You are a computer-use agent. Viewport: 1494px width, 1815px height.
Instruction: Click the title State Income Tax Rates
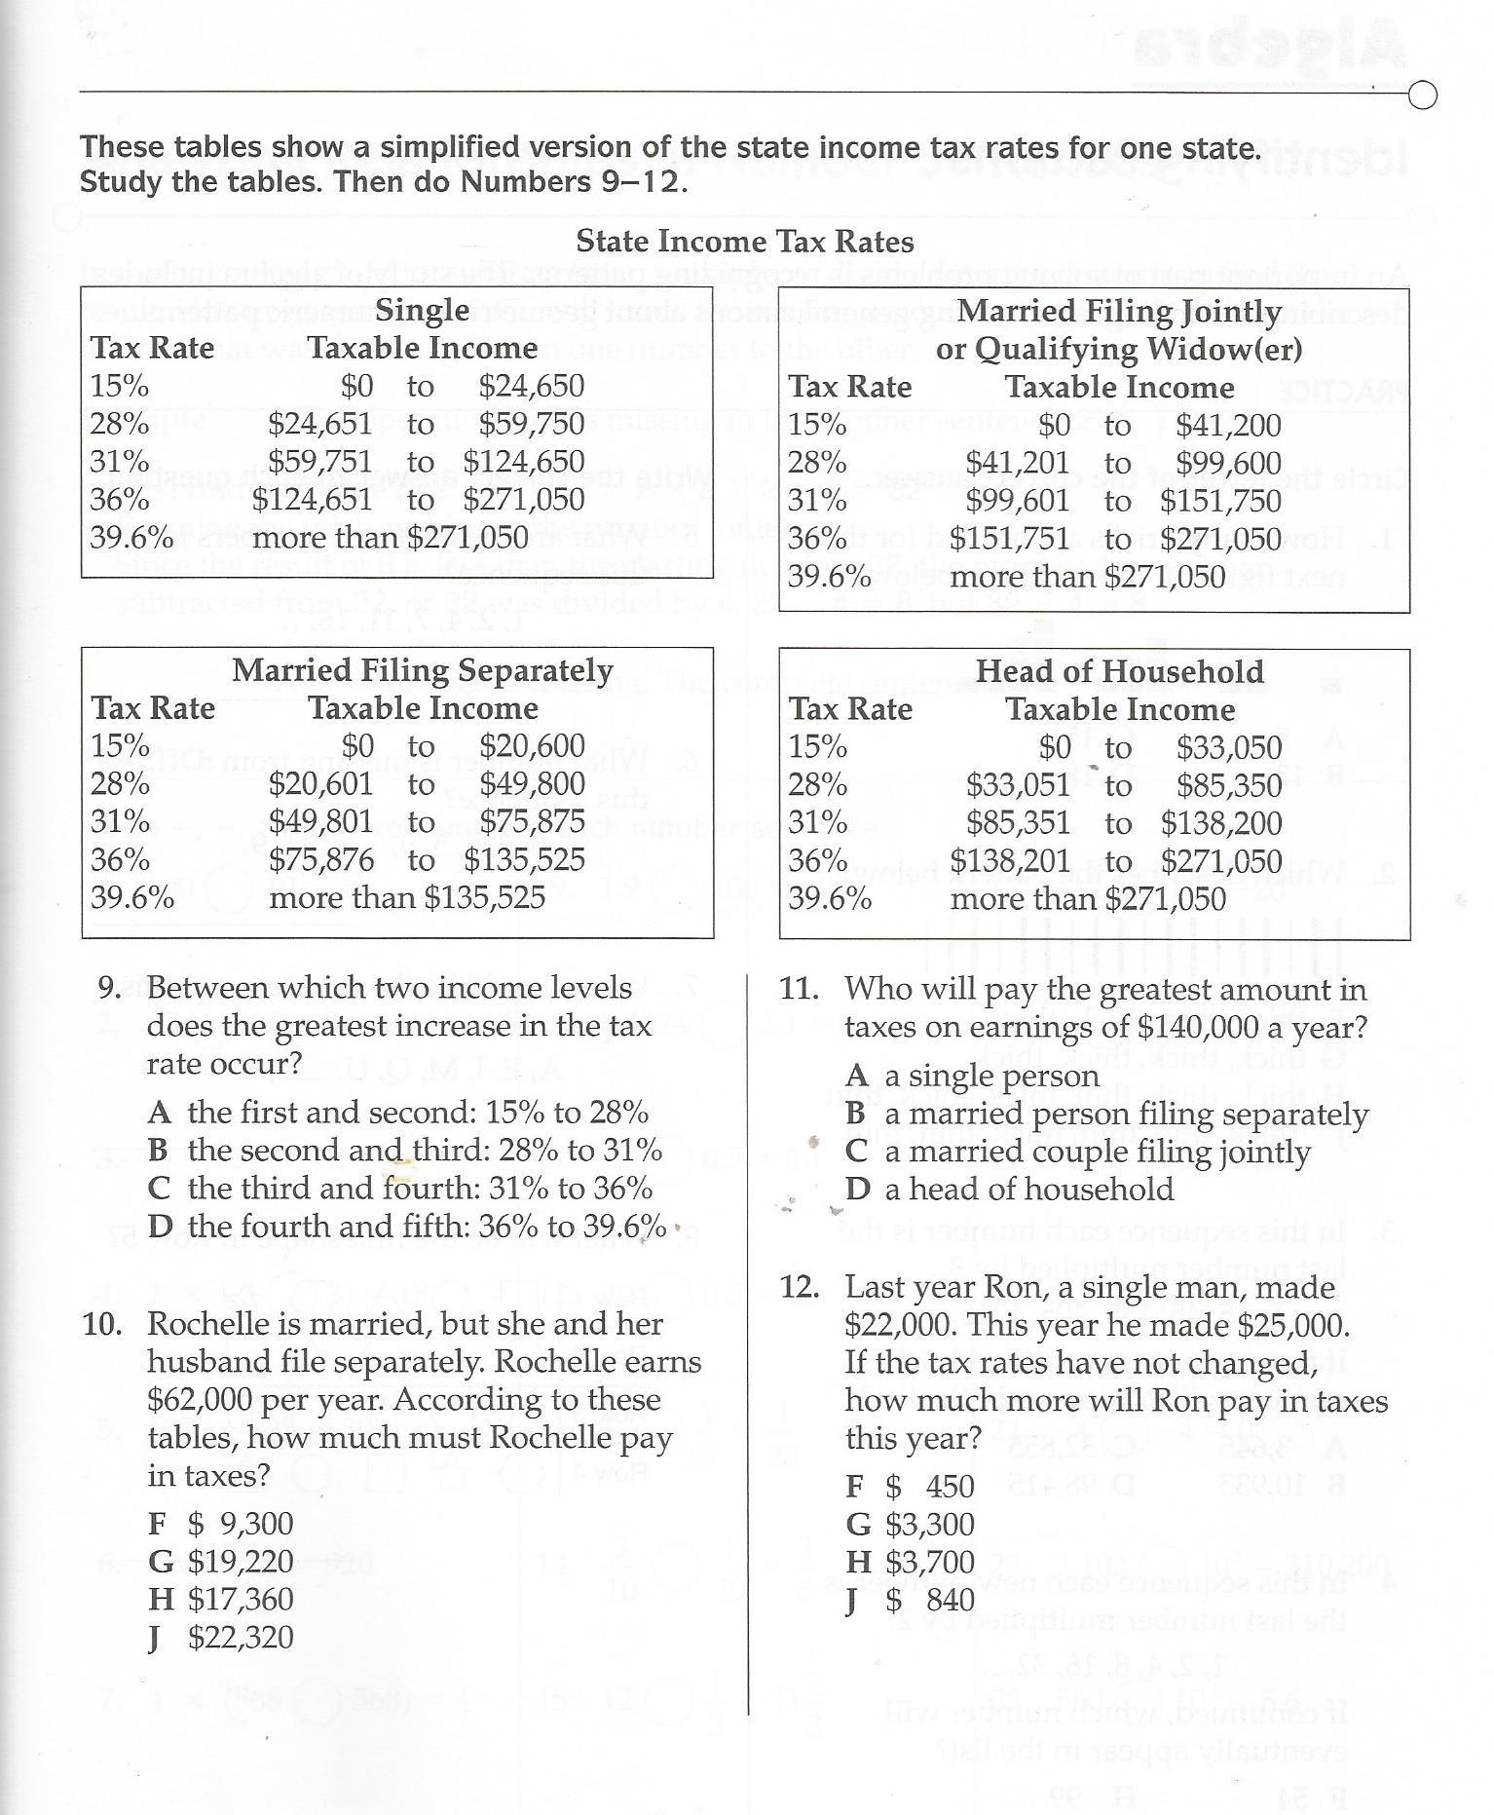[x=745, y=242]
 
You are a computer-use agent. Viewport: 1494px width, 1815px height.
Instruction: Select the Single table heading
[x=423, y=311]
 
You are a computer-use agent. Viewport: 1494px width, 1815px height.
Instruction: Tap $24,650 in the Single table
[x=532, y=387]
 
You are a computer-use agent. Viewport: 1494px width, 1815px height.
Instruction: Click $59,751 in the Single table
[x=320, y=462]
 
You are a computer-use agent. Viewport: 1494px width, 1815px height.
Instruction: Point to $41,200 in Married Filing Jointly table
[x=1228, y=426]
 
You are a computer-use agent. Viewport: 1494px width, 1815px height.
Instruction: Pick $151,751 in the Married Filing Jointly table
[x=1010, y=539]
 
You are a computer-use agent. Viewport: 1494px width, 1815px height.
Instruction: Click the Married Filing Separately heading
[x=423, y=670]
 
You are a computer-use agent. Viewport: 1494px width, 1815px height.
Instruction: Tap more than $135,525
[x=407, y=897]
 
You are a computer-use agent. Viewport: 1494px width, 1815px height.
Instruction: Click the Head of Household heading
[x=1120, y=671]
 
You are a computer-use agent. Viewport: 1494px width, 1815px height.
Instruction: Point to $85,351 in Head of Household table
[x=1018, y=823]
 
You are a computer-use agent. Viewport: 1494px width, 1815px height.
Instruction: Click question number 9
[x=110, y=989]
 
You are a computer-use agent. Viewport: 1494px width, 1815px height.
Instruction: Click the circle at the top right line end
[x=1423, y=96]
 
